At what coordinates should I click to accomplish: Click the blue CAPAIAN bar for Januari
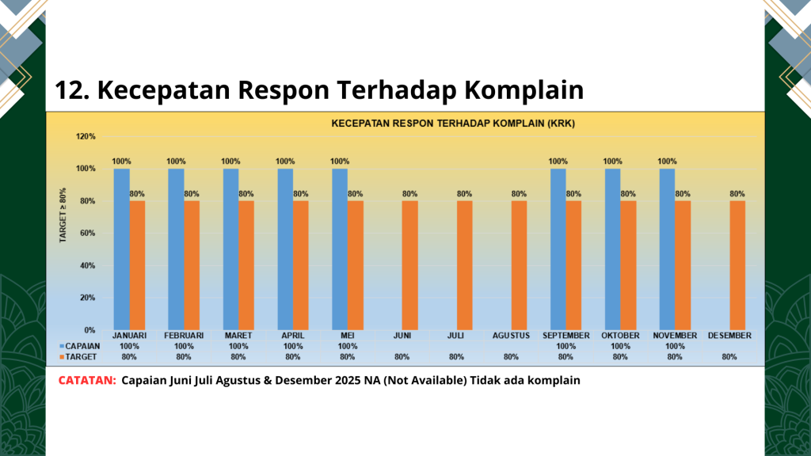tap(121, 249)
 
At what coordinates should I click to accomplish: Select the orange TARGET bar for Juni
tap(409, 265)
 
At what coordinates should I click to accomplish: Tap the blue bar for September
tap(558, 249)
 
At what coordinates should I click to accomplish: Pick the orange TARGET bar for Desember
tap(737, 265)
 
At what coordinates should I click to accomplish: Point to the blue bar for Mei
tap(340, 249)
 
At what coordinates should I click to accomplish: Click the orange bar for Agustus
tap(519, 265)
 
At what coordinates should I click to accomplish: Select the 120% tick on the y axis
tap(86, 136)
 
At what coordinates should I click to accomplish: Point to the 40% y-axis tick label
tap(86, 265)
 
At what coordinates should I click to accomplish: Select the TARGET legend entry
tap(79, 356)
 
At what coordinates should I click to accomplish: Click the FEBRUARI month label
tap(184, 336)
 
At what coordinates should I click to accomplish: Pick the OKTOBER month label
tap(620, 336)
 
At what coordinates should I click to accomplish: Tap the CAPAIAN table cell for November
tap(675, 346)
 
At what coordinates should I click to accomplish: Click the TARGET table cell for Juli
tap(456, 356)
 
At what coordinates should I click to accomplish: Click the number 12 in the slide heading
tap(69, 90)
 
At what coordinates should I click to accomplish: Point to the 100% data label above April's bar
tap(285, 161)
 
